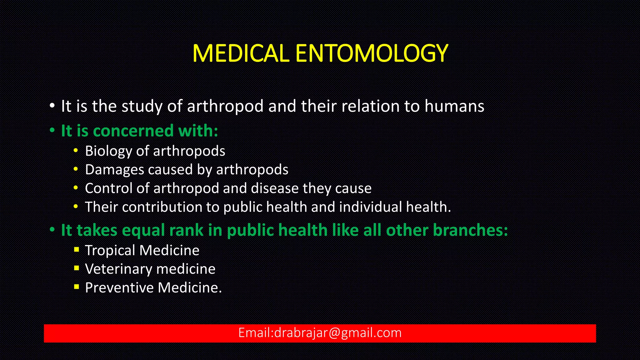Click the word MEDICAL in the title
tap(240, 53)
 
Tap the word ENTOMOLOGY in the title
tap(372, 53)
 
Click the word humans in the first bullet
tap(454, 106)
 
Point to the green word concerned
tap(133, 131)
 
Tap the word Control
tap(108, 188)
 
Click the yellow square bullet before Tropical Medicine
tap(77, 249)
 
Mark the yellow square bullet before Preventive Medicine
tap(77, 287)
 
